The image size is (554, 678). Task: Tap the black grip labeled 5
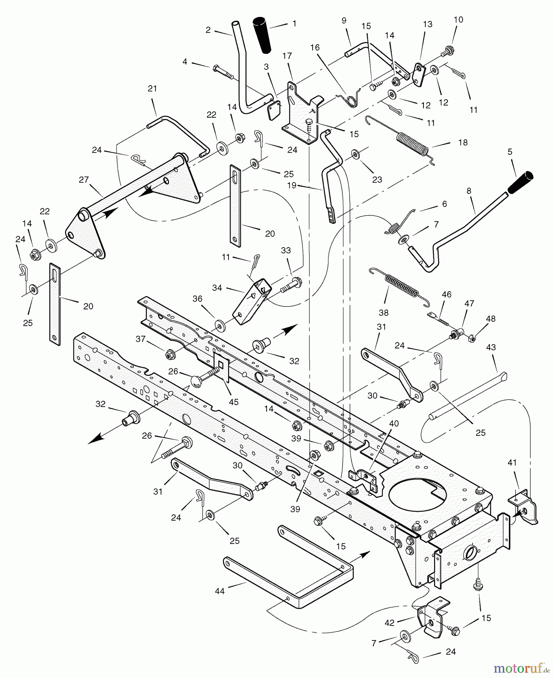(x=520, y=182)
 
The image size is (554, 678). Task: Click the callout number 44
(x=219, y=591)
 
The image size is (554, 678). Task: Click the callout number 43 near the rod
(x=490, y=347)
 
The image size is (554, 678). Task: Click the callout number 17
(x=287, y=56)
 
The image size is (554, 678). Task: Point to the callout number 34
(x=217, y=288)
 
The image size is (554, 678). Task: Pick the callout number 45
(x=233, y=402)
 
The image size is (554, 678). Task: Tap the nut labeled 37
(x=169, y=354)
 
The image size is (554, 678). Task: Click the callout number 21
(x=152, y=89)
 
